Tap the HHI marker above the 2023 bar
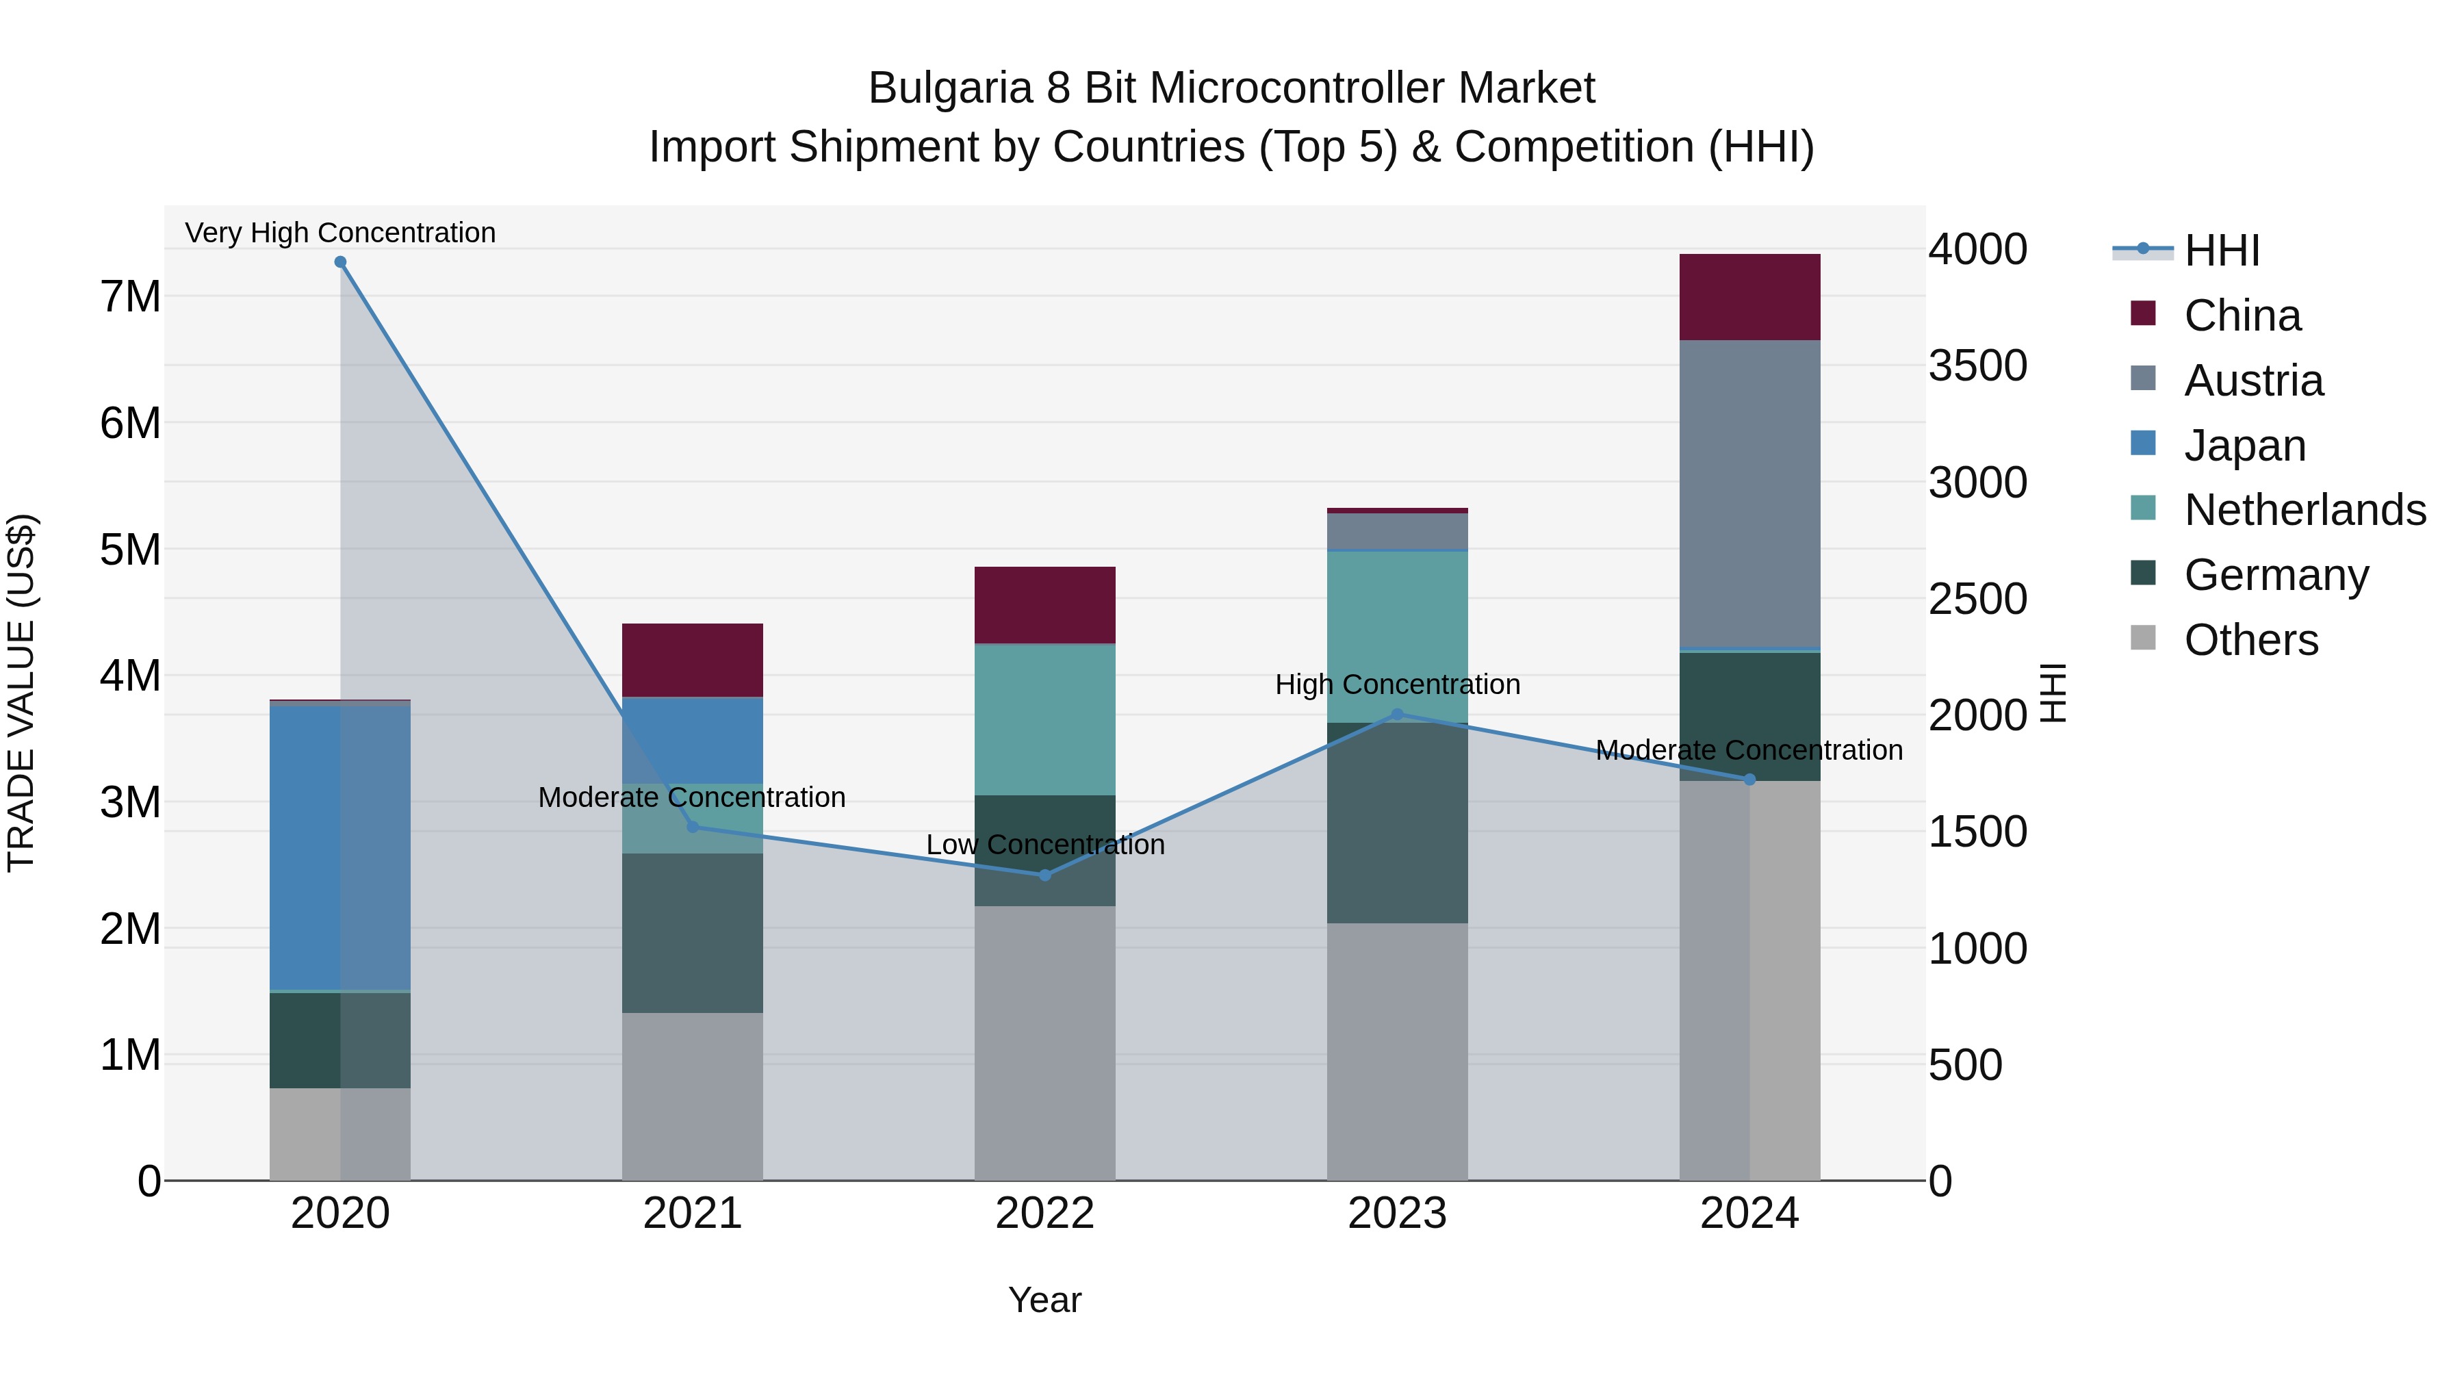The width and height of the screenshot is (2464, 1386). (x=1396, y=715)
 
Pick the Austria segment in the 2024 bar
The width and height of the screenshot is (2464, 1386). (x=1749, y=495)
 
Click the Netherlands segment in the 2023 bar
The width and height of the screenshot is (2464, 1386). (x=1396, y=636)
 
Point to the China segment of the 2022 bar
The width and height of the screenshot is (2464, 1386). (x=1044, y=604)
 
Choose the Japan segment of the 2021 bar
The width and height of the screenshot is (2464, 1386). (x=693, y=741)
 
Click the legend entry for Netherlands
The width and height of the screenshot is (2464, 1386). (x=2305, y=510)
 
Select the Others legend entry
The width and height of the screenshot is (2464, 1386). (x=2250, y=640)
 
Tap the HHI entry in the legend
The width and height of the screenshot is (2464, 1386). (x=2221, y=251)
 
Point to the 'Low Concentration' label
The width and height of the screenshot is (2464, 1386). (x=1044, y=845)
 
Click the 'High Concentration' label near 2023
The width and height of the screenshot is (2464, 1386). (x=1396, y=685)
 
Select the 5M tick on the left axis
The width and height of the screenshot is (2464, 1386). (x=131, y=550)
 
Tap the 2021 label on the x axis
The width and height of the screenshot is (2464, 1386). (x=693, y=1214)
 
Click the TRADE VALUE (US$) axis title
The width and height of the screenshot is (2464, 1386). (x=21, y=693)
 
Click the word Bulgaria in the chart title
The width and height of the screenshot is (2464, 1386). (x=951, y=88)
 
